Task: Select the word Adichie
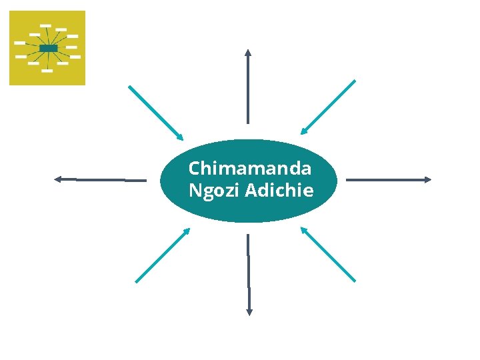coord(279,191)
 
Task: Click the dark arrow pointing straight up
coord(248,86)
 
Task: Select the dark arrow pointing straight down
coord(249,274)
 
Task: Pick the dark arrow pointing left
coord(100,179)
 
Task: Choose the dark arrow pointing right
coord(389,179)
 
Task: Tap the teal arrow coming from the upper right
coord(328,107)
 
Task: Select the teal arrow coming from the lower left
coord(163,255)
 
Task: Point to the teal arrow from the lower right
coord(328,254)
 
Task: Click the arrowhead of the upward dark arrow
coord(248,52)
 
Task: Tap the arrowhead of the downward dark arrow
coord(249,311)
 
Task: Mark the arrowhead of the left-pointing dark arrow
coord(58,179)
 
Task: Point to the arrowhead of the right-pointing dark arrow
coord(428,179)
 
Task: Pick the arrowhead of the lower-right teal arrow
coord(304,231)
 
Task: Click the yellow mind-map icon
coord(47,48)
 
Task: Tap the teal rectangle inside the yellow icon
coord(48,48)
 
